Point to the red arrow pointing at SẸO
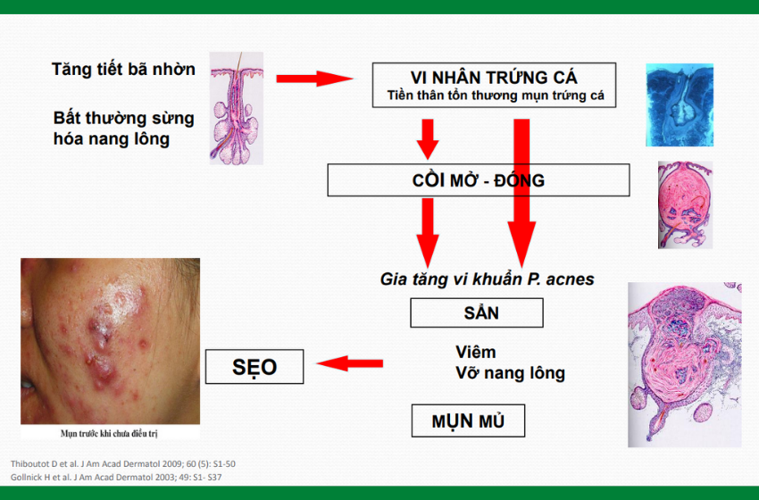pyautogui.click(x=350, y=363)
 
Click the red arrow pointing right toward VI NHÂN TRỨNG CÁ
pyautogui.click(x=314, y=79)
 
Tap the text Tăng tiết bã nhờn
pyautogui.click(x=123, y=70)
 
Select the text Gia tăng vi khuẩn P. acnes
pyautogui.click(x=487, y=279)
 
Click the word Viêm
pyautogui.click(x=475, y=352)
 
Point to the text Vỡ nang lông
pyautogui.click(x=510, y=373)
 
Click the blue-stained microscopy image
pyautogui.click(x=680, y=104)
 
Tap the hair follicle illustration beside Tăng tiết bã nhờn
pyautogui.click(x=237, y=108)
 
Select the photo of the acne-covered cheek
pyautogui.click(x=110, y=341)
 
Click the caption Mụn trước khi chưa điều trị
pyautogui.click(x=109, y=433)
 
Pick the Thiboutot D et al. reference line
pyautogui.click(x=123, y=463)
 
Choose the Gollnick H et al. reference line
pyautogui.click(x=116, y=478)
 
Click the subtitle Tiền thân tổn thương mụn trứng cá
pyautogui.click(x=496, y=96)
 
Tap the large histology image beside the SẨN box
pyautogui.click(x=685, y=364)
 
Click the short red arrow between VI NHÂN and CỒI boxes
pyautogui.click(x=428, y=139)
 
